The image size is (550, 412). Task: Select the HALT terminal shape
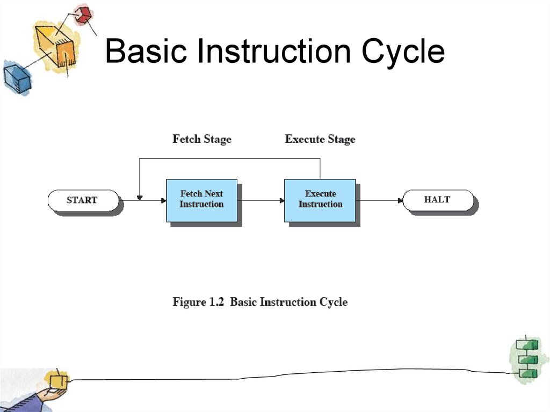click(x=437, y=200)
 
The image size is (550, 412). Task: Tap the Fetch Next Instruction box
click(x=201, y=200)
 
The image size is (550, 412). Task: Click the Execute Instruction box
click(x=320, y=200)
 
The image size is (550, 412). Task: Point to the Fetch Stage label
click(x=202, y=139)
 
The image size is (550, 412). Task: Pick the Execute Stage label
click(x=320, y=139)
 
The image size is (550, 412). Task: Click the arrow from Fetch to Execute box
click(x=260, y=200)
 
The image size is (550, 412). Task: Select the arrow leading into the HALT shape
click(x=379, y=200)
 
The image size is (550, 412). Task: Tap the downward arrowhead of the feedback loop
click(x=139, y=198)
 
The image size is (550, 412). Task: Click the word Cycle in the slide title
click(x=402, y=52)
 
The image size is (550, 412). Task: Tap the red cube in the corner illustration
click(x=83, y=15)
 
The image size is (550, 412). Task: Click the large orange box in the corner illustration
click(x=56, y=46)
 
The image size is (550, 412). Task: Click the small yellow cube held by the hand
click(x=58, y=381)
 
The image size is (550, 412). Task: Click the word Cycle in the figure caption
click(x=334, y=302)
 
